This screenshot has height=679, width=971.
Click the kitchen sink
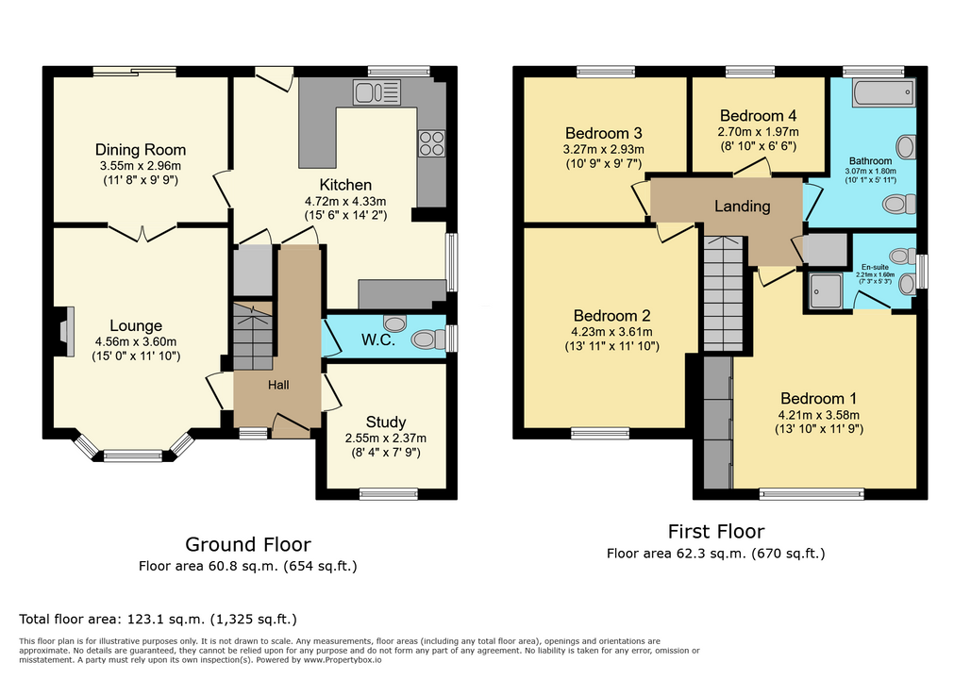click(x=377, y=92)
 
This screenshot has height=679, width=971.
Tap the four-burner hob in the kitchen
click(x=431, y=143)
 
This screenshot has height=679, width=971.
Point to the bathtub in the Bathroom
click(x=883, y=92)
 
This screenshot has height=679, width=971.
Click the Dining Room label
click(x=141, y=150)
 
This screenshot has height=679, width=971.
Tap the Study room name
click(x=386, y=422)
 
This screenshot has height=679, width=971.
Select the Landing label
click(x=743, y=207)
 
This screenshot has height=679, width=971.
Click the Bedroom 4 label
click(x=758, y=116)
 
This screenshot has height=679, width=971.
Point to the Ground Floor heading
click(x=247, y=544)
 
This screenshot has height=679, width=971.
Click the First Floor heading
click(x=716, y=531)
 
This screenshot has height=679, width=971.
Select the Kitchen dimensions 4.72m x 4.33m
click(x=345, y=201)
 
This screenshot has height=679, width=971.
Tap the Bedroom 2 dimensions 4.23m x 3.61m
click(x=611, y=332)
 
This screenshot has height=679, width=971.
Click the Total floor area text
click(x=158, y=619)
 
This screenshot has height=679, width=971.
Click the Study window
click(x=389, y=493)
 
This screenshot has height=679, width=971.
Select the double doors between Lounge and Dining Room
click(x=142, y=233)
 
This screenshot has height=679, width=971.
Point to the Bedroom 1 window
click(x=812, y=493)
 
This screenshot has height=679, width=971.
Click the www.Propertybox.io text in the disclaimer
click(x=343, y=660)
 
